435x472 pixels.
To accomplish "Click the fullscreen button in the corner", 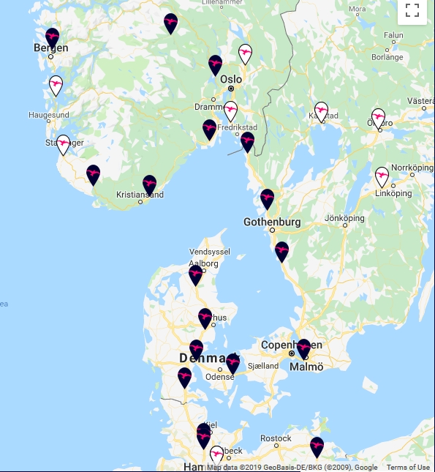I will point(412,10).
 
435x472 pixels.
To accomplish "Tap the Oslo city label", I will point(231,79).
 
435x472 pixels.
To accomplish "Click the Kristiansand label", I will point(140,195).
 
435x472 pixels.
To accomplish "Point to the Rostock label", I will point(276,438).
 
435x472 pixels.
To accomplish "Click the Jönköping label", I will point(344,218).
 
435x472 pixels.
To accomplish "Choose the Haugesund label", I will point(49,116).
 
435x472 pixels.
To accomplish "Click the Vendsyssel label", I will point(210,251).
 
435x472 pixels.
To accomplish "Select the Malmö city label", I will point(306,367).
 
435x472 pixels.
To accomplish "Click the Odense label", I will point(219,377).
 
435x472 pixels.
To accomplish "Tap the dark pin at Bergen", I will point(52,37).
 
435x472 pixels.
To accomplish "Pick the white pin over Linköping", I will point(382,176).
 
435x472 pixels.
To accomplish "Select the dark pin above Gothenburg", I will point(268,198).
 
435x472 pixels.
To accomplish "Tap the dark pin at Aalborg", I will point(195,274).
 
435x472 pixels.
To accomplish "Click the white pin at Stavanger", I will point(64,143).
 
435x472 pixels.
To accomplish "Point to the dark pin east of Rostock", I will point(317,446).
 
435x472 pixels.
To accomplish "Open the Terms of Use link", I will point(408,468).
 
